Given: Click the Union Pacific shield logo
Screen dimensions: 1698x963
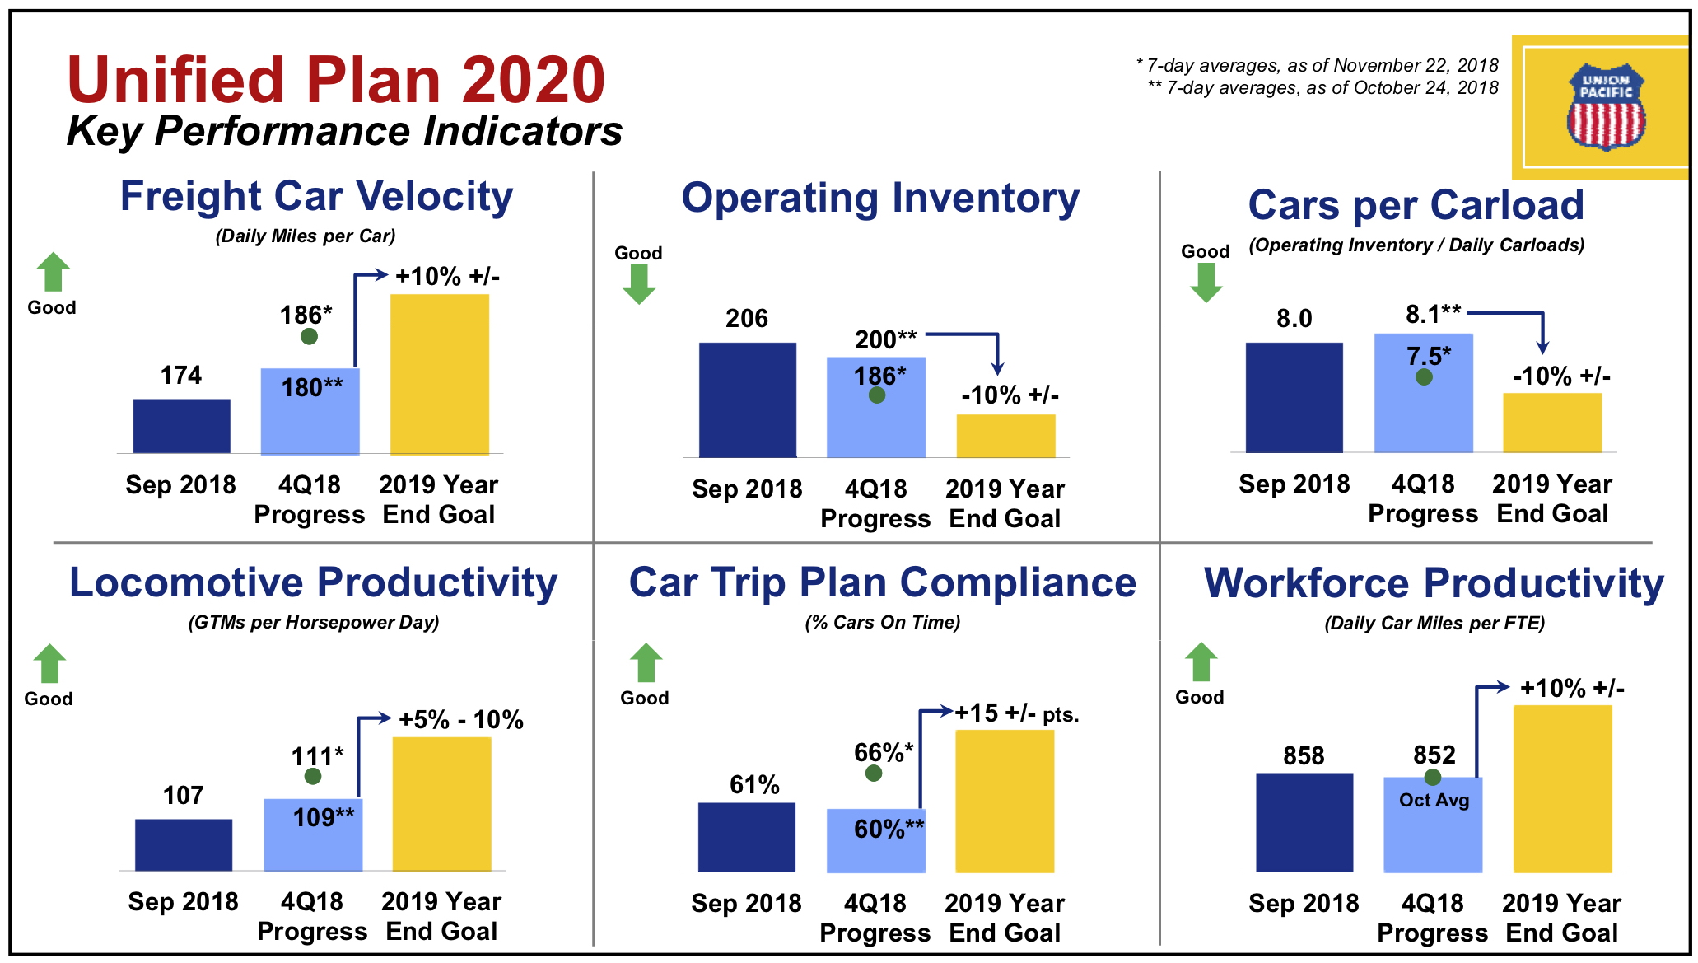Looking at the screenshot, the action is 1605,108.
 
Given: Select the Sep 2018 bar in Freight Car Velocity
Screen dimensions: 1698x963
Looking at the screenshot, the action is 182,426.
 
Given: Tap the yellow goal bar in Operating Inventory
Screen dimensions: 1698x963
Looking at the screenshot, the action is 1005,436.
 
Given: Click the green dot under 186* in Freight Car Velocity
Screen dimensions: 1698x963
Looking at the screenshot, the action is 309,336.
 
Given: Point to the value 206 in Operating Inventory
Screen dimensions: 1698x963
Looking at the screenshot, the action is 747,318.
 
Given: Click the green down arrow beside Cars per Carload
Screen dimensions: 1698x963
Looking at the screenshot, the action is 1206,283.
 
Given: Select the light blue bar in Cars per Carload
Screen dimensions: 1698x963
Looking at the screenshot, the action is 1424,393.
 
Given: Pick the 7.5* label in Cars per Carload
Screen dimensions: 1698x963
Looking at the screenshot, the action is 1429,356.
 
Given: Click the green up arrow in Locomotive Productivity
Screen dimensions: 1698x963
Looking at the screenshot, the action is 49,663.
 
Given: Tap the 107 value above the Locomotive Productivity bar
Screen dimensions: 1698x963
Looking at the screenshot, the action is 183,795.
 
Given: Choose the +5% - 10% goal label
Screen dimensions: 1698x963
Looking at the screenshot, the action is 461,719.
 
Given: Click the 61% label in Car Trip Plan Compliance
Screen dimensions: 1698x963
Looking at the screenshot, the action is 754,784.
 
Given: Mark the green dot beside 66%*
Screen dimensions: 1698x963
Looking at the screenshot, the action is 874,774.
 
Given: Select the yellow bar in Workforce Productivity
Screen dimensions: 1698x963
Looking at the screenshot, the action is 1562,788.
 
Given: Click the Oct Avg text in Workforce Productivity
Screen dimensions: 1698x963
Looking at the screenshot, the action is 1434,800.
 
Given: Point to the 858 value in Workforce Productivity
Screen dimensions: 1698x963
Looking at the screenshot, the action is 1304,755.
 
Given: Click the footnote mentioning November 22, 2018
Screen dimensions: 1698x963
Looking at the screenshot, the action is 1317,65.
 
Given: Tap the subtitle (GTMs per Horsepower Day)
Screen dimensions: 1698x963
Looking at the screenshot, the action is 314,622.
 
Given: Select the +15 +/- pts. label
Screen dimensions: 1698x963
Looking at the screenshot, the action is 1016,713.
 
